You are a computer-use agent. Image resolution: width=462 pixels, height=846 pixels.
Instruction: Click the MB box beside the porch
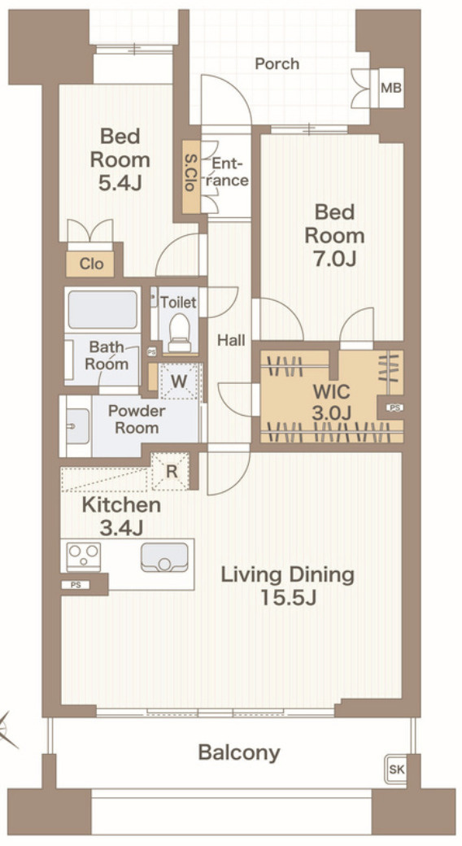[391, 88]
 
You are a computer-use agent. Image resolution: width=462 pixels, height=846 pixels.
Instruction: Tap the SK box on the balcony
[396, 770]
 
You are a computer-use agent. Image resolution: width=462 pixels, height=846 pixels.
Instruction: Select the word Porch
[277, 63]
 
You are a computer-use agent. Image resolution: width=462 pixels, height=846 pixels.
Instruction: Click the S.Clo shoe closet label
[190, 176]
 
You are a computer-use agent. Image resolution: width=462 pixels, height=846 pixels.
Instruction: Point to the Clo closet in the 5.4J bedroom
[90, 264]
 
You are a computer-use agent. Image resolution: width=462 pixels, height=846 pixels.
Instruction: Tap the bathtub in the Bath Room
[102, 309]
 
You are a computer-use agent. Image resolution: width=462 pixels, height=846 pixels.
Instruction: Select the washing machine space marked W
[179, 381]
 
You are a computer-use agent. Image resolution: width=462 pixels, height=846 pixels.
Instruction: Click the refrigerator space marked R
[171, 472]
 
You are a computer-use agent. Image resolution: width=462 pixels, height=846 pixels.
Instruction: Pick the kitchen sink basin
[164, 556]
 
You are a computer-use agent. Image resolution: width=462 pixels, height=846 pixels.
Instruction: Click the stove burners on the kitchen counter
[83, 556]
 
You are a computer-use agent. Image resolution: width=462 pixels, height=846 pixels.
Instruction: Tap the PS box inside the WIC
[394, 408]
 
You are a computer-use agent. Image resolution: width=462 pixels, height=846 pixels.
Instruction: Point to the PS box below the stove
[76, 584]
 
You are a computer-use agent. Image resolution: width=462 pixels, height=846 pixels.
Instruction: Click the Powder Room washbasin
[77, 426]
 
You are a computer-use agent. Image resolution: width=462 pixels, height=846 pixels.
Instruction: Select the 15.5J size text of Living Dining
[288, 598]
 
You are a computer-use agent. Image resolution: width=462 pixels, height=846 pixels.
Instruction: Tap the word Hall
[231, 340]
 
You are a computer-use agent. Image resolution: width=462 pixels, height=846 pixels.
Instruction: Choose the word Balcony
[239, 752]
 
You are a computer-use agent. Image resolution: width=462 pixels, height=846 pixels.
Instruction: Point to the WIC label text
[331, 391]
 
